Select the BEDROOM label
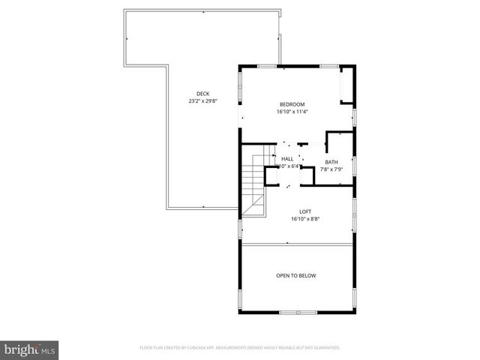point(292,104)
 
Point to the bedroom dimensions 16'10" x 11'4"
point(292,112)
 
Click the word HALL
point(287,159)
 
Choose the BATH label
point(331,162)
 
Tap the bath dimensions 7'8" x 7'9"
point(331,169)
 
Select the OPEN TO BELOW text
point(295,275)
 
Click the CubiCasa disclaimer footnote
point(240,347)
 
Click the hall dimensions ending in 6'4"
point(287,166)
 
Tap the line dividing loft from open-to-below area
point(296,244)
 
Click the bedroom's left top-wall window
point(267,66)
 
